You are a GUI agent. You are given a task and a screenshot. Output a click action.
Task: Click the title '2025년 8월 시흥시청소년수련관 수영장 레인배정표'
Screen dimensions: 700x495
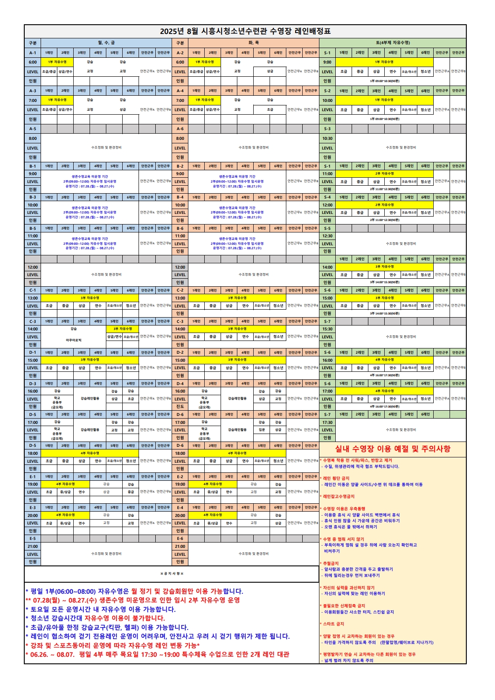click(x=245, y=31)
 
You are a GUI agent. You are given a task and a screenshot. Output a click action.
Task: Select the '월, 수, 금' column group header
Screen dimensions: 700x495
click(x=106, y=43)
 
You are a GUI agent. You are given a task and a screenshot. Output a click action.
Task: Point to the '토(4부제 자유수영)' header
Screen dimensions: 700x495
click(x=393, y=43)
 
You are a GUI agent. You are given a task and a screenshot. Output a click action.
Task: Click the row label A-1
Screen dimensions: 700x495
click(x=33, y=53)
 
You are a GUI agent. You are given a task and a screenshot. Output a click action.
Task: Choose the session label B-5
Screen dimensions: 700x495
click(x=33, y=228)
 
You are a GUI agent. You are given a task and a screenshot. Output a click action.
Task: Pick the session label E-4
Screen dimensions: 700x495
click(x=180, y=508)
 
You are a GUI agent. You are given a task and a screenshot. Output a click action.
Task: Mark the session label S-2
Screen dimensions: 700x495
click(x=327, y=91)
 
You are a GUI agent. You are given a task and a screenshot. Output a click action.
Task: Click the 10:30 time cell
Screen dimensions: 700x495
click(x=327, y=139)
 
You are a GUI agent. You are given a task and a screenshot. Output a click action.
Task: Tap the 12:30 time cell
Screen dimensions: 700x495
click(x=327, y=236)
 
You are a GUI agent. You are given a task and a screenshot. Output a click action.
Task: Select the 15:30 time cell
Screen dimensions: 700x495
click(x=327, y=329)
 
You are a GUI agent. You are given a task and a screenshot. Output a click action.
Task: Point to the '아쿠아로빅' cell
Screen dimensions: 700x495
click(x=74, y=341)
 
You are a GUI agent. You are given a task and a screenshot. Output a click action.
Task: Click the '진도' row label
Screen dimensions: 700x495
click(x=180, y=407)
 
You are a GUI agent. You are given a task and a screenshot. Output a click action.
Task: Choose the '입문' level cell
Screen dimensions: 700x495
click(x=262, y=430)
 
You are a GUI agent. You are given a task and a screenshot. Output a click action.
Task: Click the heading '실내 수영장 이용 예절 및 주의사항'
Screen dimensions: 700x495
click(x=393, y=449)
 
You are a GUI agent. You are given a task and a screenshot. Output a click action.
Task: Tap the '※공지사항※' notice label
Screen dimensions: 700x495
click(x=172, y=574)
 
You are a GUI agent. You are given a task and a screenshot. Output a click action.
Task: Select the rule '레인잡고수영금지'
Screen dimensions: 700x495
click(x=338, y=497)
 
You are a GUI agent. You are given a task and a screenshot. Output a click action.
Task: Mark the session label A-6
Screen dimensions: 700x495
click(x=180, y=129)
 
